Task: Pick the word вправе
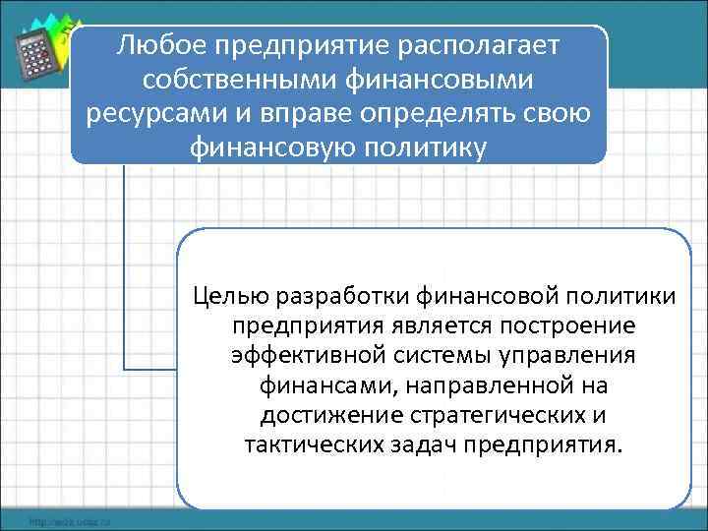(x=322, y=112)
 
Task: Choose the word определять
(x=460, y=112)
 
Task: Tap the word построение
(x=552, y=325)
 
